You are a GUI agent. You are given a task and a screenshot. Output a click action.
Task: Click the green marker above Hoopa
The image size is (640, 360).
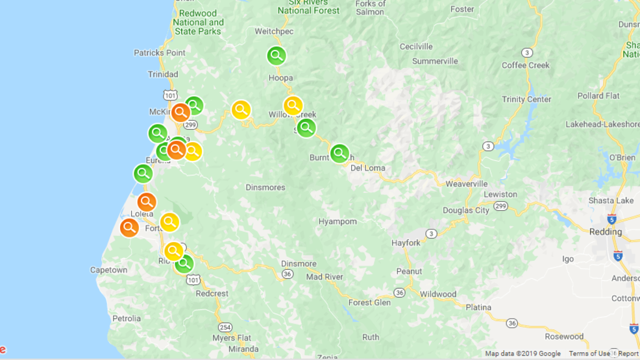(x=277, y=56)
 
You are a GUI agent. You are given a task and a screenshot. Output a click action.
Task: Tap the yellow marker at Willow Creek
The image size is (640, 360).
(x=293, y=105)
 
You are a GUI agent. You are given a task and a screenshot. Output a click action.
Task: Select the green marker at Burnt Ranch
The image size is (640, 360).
(x=339, y=153)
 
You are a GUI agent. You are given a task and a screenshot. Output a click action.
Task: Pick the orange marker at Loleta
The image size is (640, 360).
(x=147, y=202)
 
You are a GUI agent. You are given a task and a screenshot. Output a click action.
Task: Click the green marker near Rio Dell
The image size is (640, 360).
(x=184, y=263)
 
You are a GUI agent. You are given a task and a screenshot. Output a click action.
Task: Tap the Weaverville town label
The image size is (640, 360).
(x=466, y=184)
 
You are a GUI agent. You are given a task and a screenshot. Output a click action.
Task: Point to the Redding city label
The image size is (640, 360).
(x=606, y=232)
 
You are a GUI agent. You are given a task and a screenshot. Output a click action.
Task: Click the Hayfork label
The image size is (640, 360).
(x=406, y=243)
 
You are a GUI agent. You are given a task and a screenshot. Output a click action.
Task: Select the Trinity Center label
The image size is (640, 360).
(x=526, y=99)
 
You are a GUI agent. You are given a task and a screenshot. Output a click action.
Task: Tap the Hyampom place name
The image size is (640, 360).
(x=338, y=221)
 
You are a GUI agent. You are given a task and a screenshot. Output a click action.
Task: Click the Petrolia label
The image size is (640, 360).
(x=126, y=318)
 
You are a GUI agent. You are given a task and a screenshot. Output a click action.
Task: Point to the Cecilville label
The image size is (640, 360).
(x=416, y=47)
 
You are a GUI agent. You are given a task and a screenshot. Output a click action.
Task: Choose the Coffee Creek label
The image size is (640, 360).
(x=525, y=65)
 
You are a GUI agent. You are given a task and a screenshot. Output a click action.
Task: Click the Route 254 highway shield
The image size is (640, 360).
(x=225, y=326)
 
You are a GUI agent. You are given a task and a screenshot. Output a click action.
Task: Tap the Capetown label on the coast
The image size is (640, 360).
(x=108, y=270)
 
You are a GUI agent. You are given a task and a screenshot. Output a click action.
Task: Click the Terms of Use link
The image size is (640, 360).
(x=589, y=354)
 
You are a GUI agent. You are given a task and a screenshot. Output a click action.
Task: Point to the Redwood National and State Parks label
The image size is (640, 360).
(x=198, y=22)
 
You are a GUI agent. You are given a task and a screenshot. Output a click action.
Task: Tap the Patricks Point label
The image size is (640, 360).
(x=160, y=53)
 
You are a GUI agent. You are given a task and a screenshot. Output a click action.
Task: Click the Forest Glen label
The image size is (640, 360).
(x=369, y=302)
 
